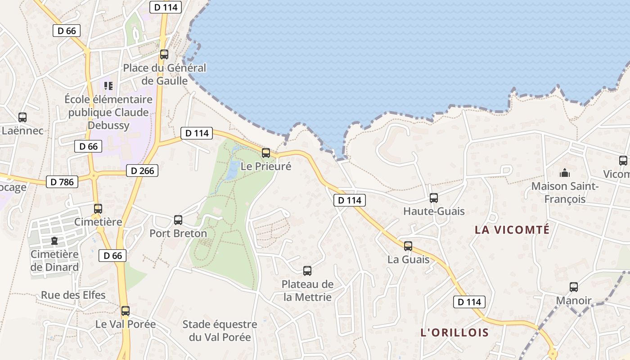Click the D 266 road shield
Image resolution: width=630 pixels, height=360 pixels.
pyautogui.click(x=142, y=171)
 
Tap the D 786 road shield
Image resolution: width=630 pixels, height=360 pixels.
pyautogui.click(x=62, y=182)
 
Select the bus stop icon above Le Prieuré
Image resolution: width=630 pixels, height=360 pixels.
pyautogui.click(x=266, y=153)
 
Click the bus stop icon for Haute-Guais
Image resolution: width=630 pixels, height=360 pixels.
pyautogui.click(x=434, y=198)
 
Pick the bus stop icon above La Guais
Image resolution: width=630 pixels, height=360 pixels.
pyautogui.click(x=408, y=246)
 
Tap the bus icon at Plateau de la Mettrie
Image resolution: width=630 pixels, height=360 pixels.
pyautogui.click(x=307, y=271)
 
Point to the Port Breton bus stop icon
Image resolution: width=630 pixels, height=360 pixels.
pyautogui.click(x=178, y=220)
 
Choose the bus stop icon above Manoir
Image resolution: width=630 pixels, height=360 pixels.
pyautogui.click(x=574, y=287)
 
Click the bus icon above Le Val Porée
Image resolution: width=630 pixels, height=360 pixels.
pyautogui.click(x=126, y=311)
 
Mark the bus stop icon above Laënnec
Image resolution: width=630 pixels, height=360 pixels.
pyautogui.click(x=22, y=117)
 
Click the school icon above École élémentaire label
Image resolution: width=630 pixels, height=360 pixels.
pyautogui.click(x=108, y=85)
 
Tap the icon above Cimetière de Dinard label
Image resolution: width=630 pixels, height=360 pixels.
pyautogui.click(x=54, y=241)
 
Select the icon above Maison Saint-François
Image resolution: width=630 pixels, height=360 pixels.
pyautogui.click(x=564, y=173)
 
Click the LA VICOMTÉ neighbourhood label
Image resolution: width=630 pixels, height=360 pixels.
pyautogui.click(x=512, y=230)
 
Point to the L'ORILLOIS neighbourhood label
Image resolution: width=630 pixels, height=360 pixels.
pyautogui.click(x=454, y=333)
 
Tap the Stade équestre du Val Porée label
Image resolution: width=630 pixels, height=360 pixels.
pyautogui.click(x=220, y=331)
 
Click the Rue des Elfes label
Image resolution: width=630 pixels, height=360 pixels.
pyautogui.click(x=73, y=295)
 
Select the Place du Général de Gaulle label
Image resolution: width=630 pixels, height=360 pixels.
pyautogui.click(x=164, y=74)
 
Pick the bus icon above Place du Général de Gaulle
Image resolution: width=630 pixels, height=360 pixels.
pyautogui.click(x=164, y=54)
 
